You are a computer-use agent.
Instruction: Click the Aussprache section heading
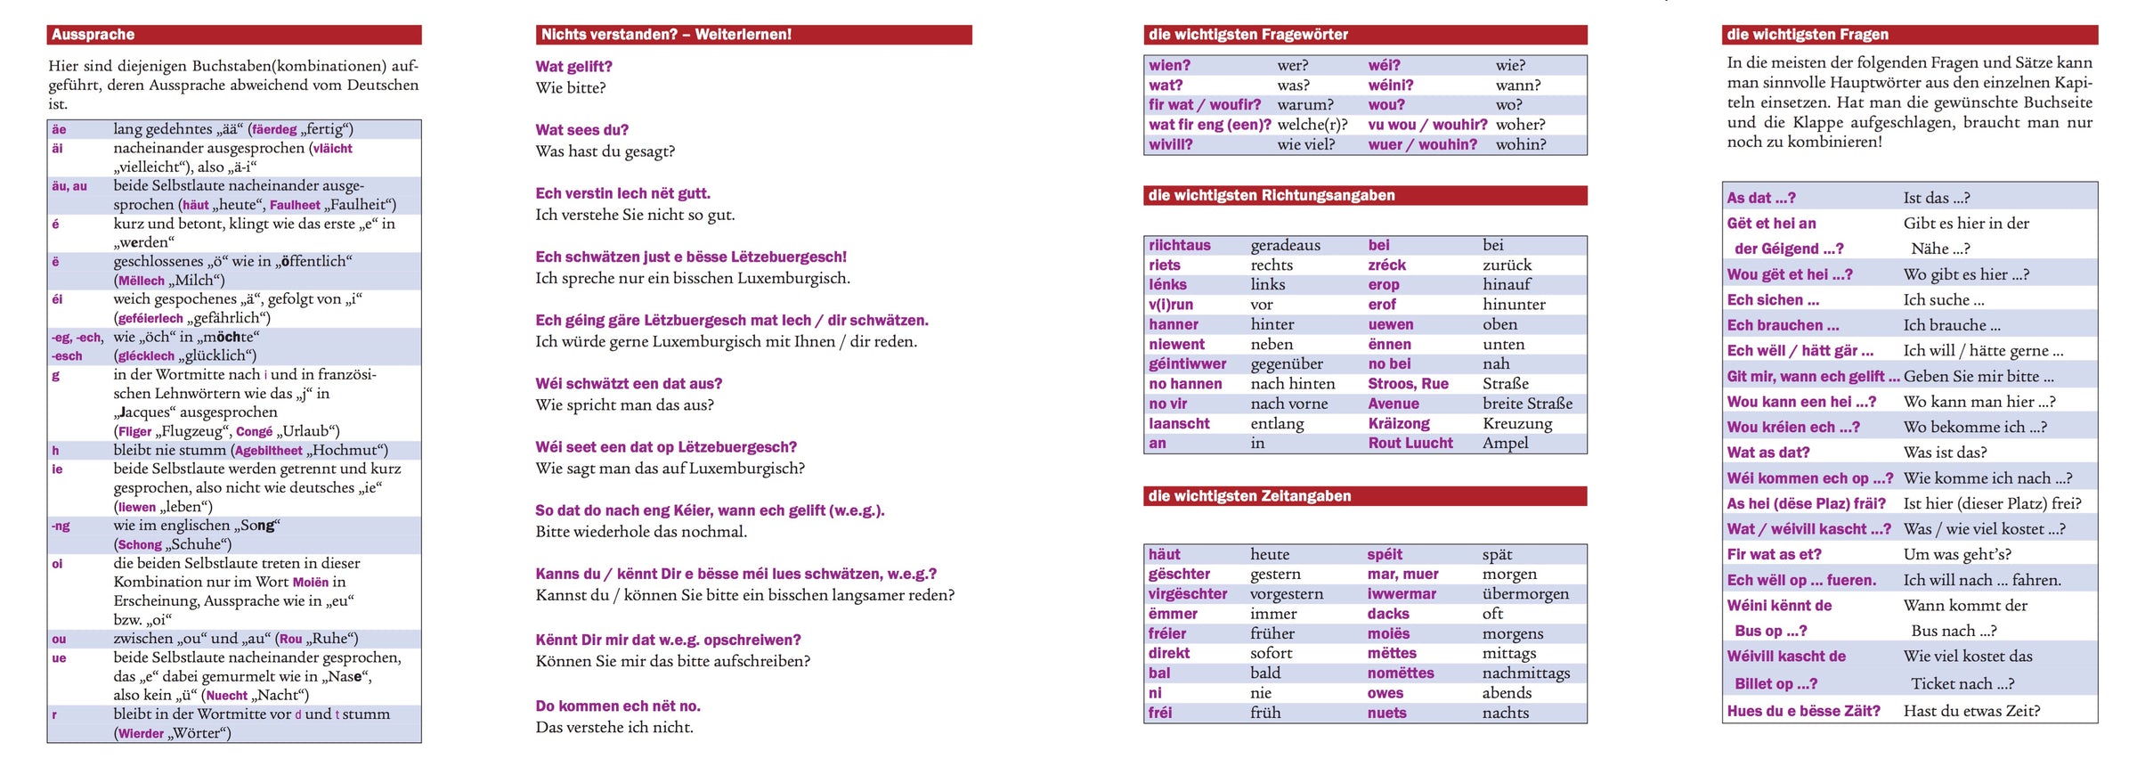pyautogui.click(x=93, y=35)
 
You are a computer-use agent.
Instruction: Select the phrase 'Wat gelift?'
pyautogui.click(x=573, y=67)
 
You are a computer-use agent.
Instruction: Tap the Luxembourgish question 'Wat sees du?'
pyautogui.click(x=581, y=130)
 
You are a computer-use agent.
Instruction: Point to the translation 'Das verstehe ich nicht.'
pyautogui.click(x=613, y=728)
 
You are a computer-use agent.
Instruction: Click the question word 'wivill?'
pyautogui.click(x=1170, y=144)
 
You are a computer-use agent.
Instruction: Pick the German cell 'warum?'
pyautogui.click(x=1304, y=105)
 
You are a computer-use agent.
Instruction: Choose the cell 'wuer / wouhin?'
pyautogui.click(x=1422, y=144)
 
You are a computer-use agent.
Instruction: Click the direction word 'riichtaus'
pyautogui.click(x=1179, y=245)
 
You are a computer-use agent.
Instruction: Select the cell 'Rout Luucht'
pyautogui.click(x=1410, y=443)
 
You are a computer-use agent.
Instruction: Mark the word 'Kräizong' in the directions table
pyautogui.click(x=1398, y=423)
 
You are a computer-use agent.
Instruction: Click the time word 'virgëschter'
pyautogui.click(x=1187, y=594)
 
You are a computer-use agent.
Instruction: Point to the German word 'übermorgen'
pyautogui.click(x=1524, y=594)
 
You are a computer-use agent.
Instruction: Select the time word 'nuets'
pyautogui.click(x=1386, y=713)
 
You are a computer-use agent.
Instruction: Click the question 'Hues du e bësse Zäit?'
pyautogui.click(x=1803, y=711)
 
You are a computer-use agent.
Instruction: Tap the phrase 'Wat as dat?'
pyautogui.click(x=1767, y=453)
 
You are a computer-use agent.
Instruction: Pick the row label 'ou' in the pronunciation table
pyautogui.click(x=59, y=639)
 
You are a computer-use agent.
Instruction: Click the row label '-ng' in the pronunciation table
pyautogui.click(x=60, y=526)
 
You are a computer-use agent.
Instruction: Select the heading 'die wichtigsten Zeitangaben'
pyautogui.click(x=1249, y=496)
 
